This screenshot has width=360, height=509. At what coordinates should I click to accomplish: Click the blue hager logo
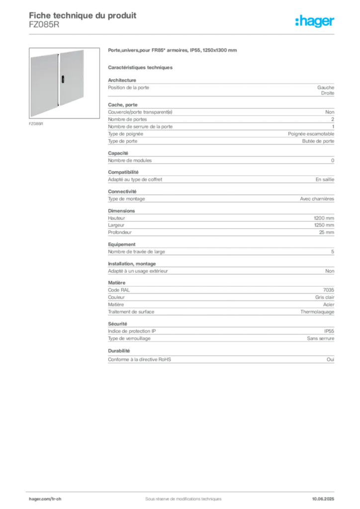click(315, 21)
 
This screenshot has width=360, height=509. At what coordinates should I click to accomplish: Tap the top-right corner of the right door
click(85, 50)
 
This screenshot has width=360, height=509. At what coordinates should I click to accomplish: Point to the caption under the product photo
click(36, 123)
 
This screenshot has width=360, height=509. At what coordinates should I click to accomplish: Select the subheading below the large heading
click(141, 67)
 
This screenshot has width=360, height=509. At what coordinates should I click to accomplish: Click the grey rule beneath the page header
click(183, 34)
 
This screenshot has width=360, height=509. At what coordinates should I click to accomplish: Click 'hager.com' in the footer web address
click(37, 498)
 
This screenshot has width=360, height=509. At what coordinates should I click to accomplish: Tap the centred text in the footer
click(180, 496)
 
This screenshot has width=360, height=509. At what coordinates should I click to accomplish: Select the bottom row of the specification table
click(220, 360)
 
